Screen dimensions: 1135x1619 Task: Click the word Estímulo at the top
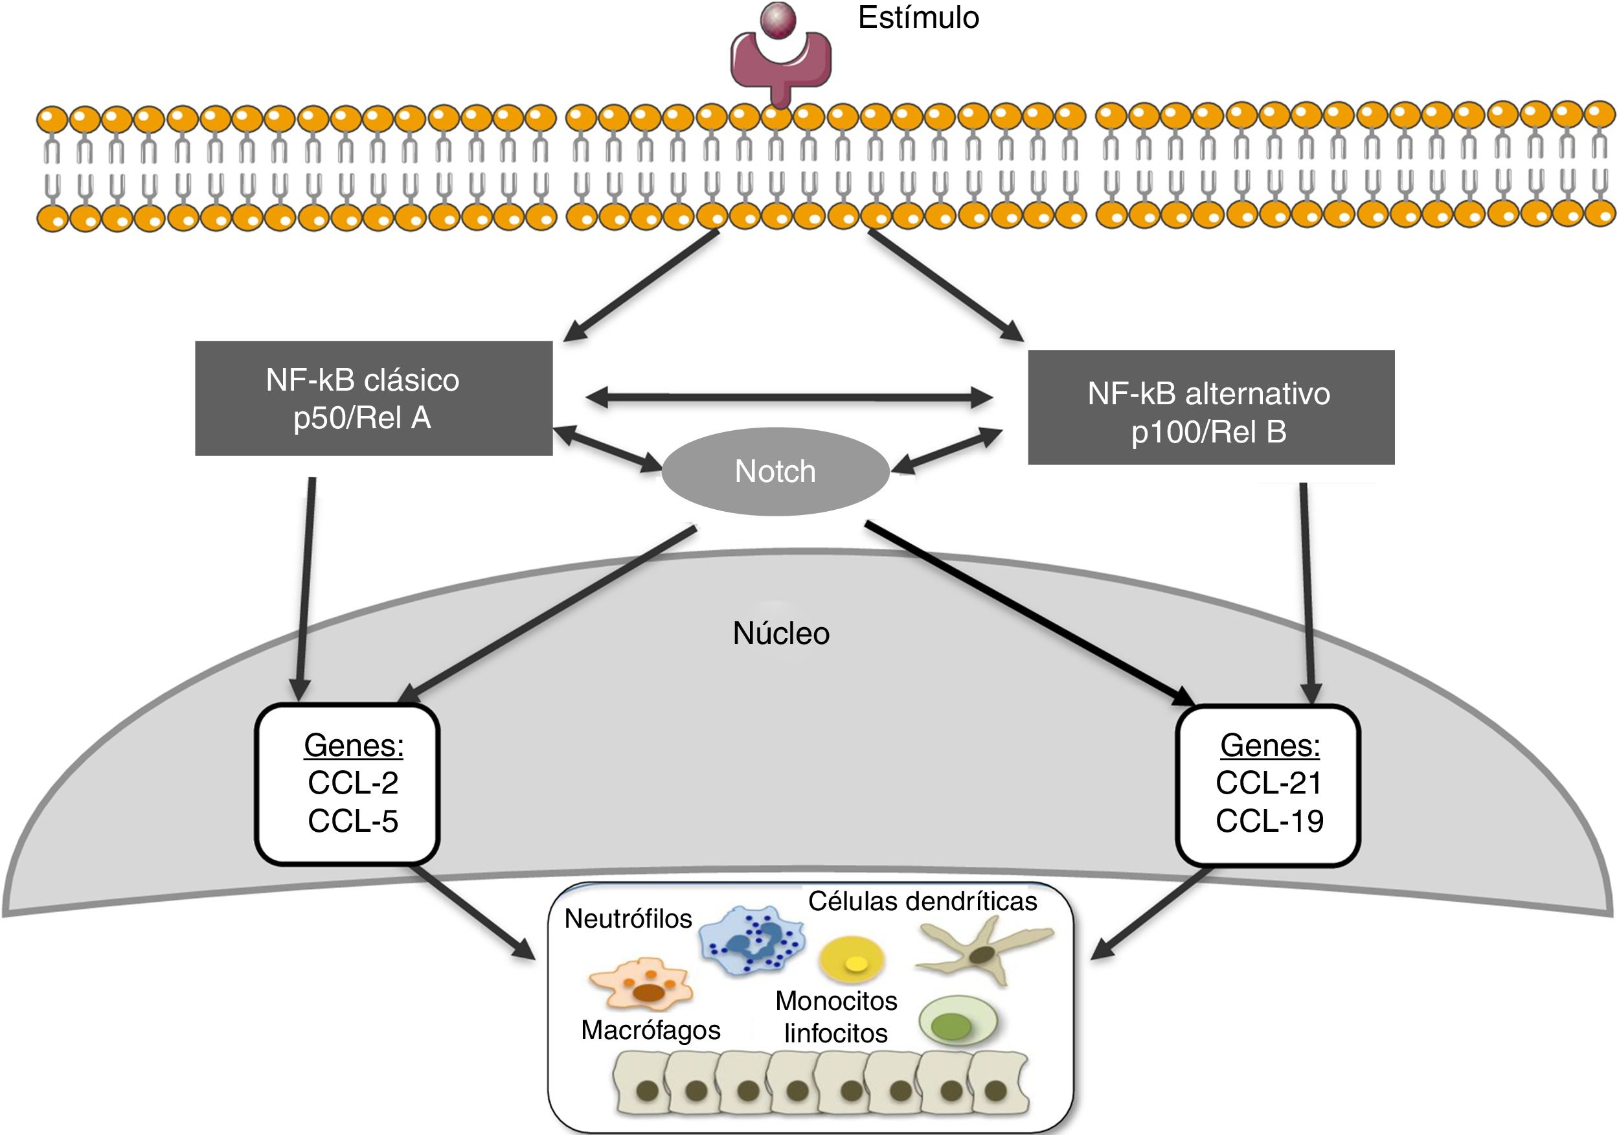pyautogui.click(x=918, y=18)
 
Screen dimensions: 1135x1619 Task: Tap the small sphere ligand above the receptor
pyautogui.click(x=778, y=19)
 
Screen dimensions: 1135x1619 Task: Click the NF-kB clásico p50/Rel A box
pyautogui.click(x=373, y=398)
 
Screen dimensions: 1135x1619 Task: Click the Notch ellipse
pyautogui.click(x=775, y=471)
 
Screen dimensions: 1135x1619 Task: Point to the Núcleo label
pyautogui.click(x=780, y=634)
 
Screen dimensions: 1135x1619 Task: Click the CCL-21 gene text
pyautogui.click(x=1269, y=783)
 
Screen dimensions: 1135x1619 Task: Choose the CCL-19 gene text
pyautogui.click(x=1269, y=821)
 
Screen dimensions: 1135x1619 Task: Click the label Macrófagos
pyautogui.click(x=650, y=1031)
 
